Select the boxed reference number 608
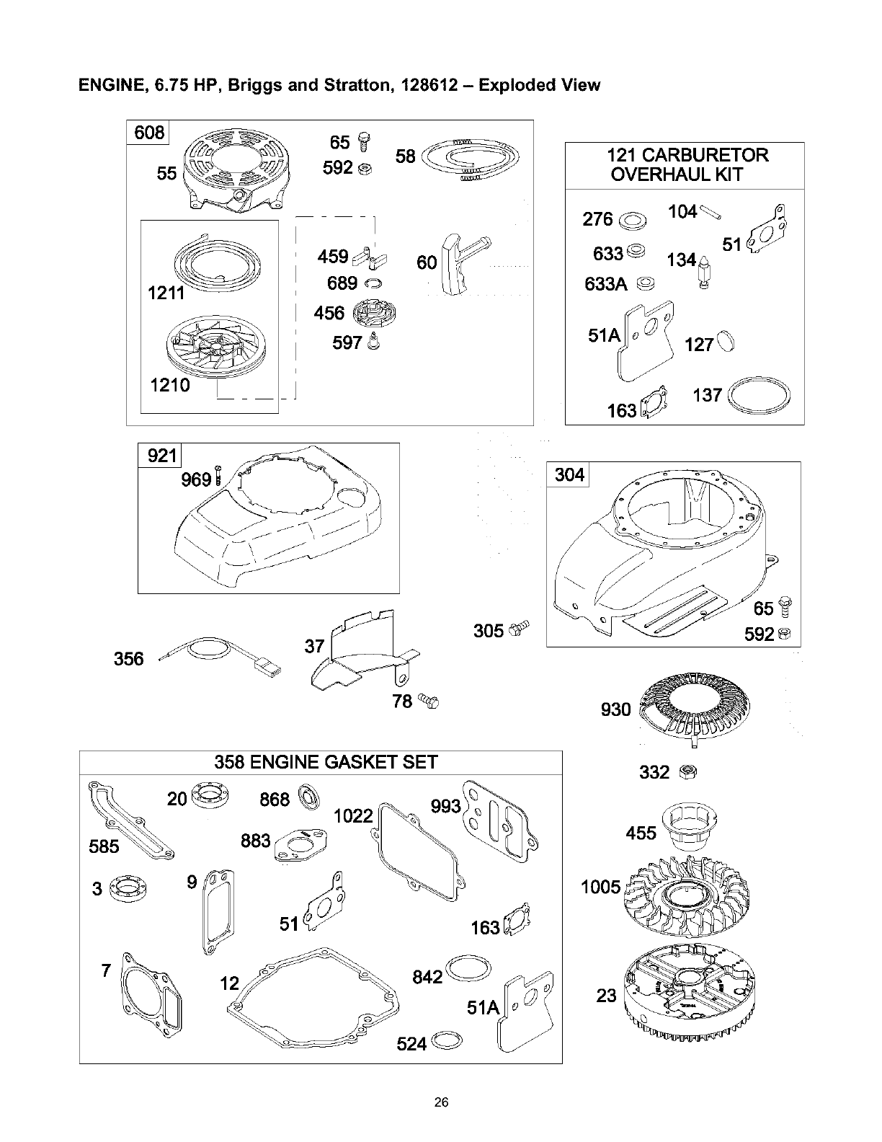pos(149,133)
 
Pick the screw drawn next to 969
pos(219,477)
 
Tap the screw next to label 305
pos(520,628)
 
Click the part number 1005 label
pos(602,886)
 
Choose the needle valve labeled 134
pos(703,270)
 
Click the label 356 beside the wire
pos(129,658)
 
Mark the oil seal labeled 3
pos(129,889)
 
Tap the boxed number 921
pos(161,456)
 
